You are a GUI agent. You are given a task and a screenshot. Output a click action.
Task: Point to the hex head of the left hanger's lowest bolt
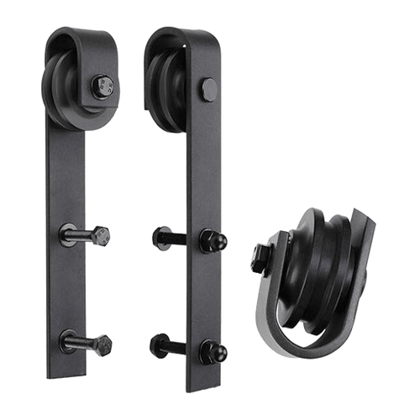click(x=104, y=344)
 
